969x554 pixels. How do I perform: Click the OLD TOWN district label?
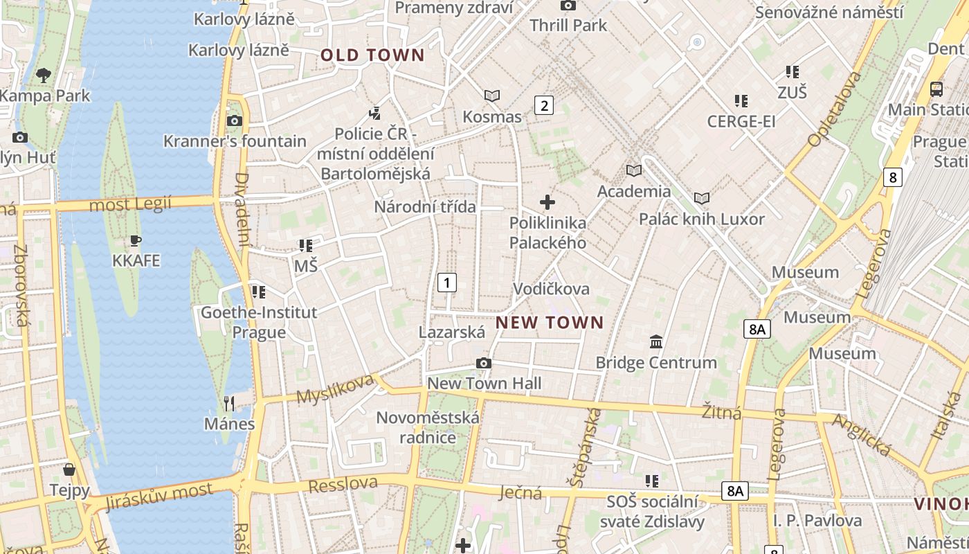(x=372, y=55)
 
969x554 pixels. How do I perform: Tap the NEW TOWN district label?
(x=550, y=322)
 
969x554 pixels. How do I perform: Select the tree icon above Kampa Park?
(x=44, y=75)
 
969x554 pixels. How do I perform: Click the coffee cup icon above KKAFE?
(x=136, y=241)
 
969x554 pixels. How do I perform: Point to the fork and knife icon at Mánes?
(x=229, y=403)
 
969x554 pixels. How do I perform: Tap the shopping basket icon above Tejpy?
(x=69, y=470)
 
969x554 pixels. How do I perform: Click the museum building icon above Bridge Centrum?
(x=656, y=341)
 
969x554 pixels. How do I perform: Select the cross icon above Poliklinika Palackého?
(x=547, y=202)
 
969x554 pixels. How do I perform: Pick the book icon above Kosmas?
(x=492, y=96)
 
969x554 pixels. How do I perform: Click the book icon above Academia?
(x=634, y=170)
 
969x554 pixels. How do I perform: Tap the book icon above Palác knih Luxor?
(x=702, y=199)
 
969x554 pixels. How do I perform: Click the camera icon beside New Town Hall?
(x=484, y=363)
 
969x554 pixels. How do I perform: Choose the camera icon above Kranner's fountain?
(x=235, y=121)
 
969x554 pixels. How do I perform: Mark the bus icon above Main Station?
(x=936, y=89)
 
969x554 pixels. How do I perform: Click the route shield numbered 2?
(x=544, y=105)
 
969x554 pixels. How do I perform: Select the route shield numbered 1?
(x=447, y=283)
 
